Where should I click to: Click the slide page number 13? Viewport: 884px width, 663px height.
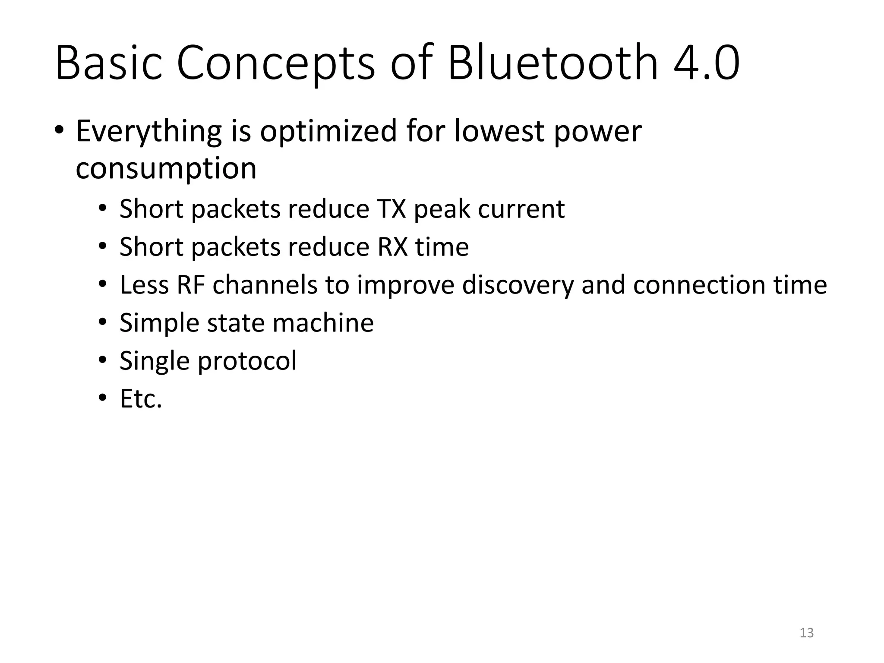(806, 633)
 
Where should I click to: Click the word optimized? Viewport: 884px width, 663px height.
(328, 132)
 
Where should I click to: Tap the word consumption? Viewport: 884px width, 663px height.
(166, 169)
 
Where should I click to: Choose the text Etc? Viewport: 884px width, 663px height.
(141, 399)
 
